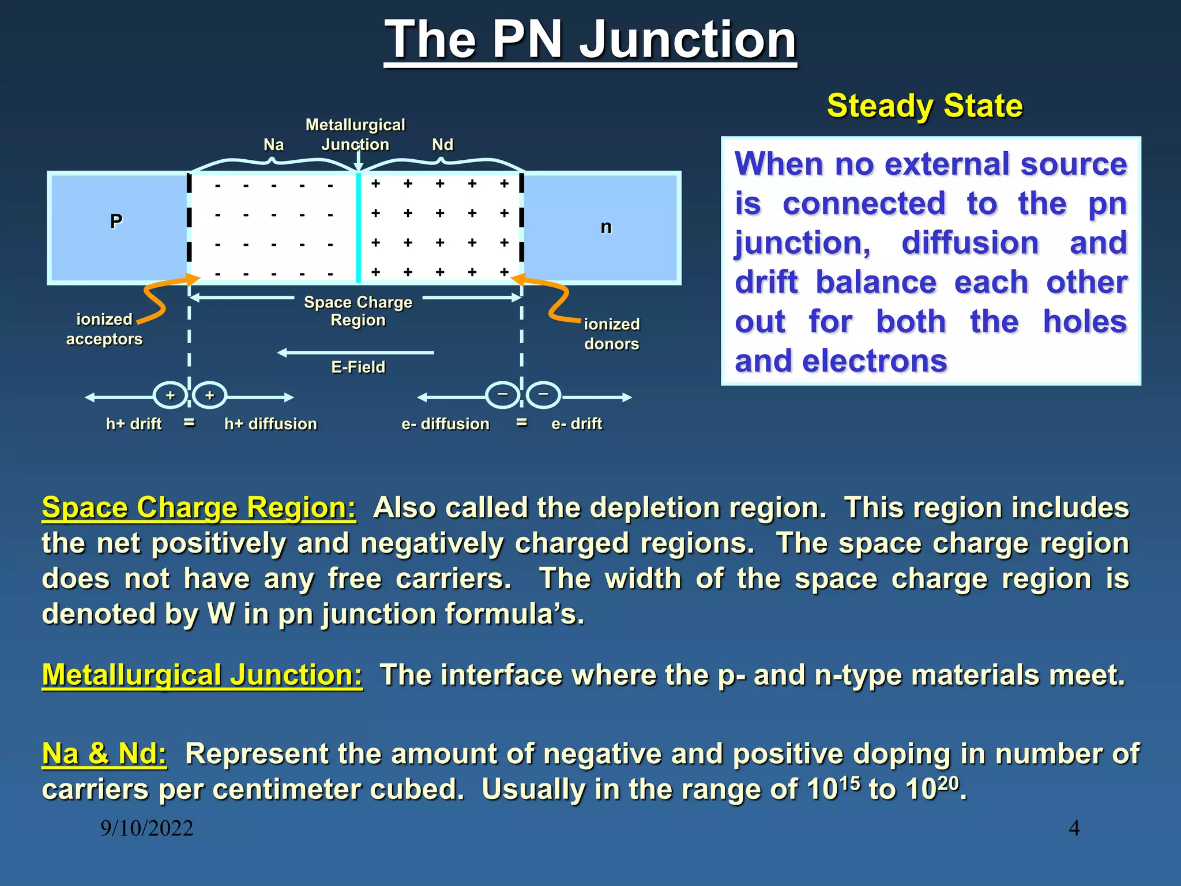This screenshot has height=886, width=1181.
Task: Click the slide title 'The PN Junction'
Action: (590, 40)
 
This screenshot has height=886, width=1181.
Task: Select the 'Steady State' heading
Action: (924, 106)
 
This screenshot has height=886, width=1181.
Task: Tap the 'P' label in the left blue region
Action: (116, 221)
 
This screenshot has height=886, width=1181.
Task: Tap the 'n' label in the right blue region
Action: (605, 227)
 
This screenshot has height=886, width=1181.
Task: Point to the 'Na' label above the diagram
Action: (273, 145)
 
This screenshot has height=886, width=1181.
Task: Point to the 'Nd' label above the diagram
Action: (442, 145)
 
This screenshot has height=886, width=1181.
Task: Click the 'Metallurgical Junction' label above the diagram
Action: (355, 134)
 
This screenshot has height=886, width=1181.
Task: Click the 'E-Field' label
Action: (358, 367)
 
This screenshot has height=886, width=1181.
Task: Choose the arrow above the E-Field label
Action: (355, 352)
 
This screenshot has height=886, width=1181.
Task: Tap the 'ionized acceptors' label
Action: (104, 329)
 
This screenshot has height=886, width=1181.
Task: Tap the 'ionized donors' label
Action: (611, 334)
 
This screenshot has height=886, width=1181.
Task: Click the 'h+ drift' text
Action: (134, 424)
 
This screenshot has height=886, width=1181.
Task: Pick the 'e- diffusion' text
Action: (445, 424)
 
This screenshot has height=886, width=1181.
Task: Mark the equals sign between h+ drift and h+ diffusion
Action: (189, 422)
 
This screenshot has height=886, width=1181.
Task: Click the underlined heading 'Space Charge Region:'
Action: (199, 508)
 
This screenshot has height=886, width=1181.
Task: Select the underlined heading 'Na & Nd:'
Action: (104, 754)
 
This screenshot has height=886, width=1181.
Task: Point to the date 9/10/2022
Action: (146, 828)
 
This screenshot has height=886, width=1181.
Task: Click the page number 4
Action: (1074, 828)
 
